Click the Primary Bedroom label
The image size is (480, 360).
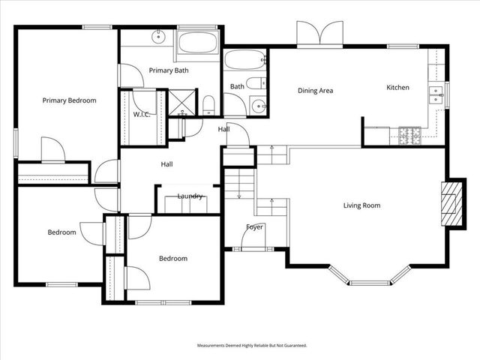69,100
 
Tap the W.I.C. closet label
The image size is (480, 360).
143,115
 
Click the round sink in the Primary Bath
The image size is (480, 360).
159,37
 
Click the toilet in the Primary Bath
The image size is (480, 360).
209,104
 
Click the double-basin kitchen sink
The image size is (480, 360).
435,94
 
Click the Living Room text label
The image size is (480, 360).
361,205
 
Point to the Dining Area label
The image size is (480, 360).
315,91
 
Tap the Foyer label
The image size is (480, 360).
254,226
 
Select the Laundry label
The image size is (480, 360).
190,196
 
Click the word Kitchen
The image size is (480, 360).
397,88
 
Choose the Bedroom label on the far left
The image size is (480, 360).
61,232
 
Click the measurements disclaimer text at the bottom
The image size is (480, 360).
251,346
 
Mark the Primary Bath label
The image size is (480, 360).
169,70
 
